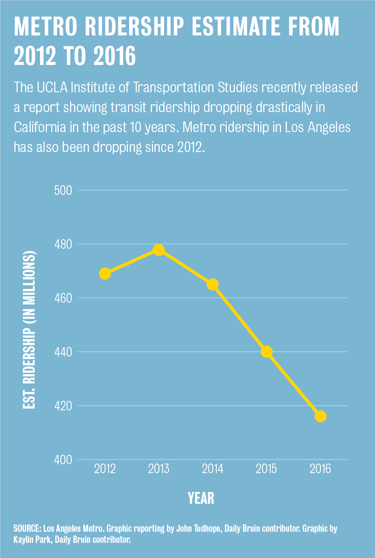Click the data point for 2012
[105, 274]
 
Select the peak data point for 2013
[159, 250]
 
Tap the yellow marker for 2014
[212, 285]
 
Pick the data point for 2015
[267, 352]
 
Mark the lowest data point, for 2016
[320, 416]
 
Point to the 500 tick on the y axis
[63, 190]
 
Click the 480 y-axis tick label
[63, 244]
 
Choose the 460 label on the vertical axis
[63, 298]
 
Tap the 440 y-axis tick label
[63, 352]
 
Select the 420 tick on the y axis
[63, 406]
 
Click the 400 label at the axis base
[63, 460]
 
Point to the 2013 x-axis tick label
[159, 469]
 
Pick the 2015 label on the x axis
[267, 469]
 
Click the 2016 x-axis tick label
[320, 469]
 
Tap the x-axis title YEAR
[201, 498]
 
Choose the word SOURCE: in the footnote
[27, 528]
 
